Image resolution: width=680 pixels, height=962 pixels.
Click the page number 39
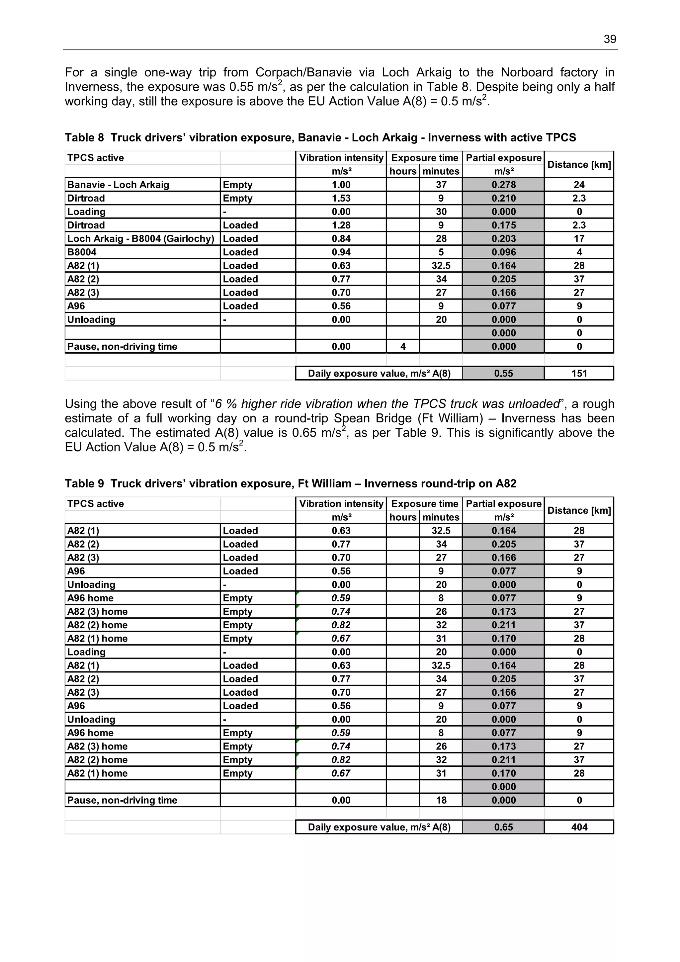(610, 40)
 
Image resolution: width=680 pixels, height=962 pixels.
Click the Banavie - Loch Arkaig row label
(118, 185)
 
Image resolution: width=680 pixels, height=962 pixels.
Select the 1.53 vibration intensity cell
(341, 198)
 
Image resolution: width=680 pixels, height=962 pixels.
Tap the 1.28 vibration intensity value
(341, 225)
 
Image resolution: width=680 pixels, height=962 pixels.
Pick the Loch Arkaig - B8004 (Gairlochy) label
(141, 239)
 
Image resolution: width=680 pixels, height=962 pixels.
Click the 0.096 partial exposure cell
(504, 252)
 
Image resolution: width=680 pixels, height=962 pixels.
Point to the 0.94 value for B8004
(341, 252)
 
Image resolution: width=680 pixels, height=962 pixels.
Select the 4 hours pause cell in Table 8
(403, 346)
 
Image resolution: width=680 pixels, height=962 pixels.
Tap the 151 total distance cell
(579, 373)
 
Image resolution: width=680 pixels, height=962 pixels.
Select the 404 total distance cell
(579, 827)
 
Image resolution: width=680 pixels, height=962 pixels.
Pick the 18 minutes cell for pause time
(441, 800)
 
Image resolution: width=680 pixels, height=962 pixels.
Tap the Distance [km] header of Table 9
(579, 510)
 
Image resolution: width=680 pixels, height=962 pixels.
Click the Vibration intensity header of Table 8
(341, 158)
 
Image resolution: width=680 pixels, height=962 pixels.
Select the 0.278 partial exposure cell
(504, 185)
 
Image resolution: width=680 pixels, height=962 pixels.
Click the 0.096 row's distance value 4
(579, 252)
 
